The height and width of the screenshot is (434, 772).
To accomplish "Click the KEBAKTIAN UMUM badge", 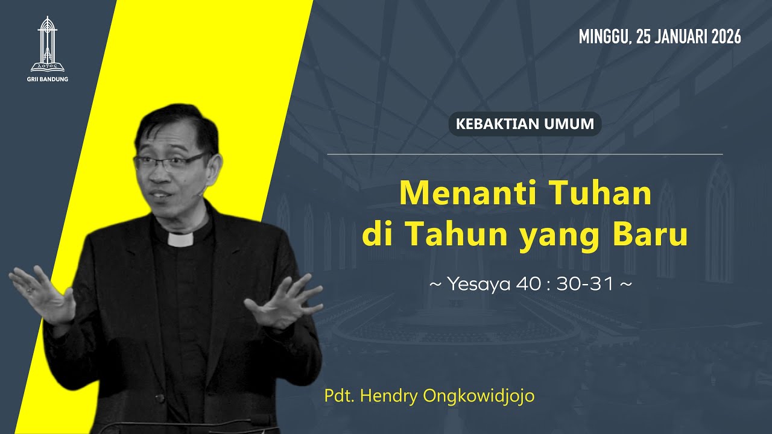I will tap(525, 124).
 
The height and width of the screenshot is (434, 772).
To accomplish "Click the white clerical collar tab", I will tap(180, 239).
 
